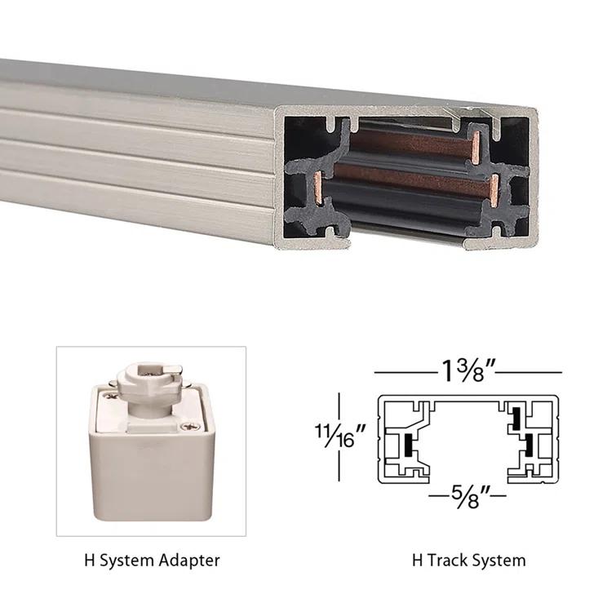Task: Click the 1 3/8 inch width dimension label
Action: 468,372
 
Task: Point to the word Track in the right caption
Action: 446,561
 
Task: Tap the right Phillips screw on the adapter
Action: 193,425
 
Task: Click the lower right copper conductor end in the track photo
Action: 493,189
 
